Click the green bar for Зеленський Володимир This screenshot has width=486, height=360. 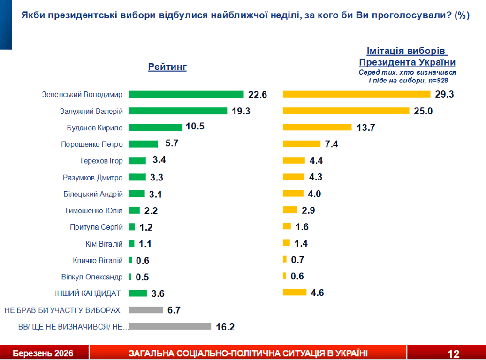186,94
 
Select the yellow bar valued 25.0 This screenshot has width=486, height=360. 346,111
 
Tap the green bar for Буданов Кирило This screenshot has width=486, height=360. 155,127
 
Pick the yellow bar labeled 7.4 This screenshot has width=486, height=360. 302,144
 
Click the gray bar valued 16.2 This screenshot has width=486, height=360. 170,326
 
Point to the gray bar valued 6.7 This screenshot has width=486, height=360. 145,310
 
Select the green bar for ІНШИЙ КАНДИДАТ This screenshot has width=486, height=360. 138,293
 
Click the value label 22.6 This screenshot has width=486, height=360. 258,95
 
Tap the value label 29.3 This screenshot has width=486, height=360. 445,94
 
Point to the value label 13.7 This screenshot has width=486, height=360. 366,127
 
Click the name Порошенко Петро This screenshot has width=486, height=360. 92,144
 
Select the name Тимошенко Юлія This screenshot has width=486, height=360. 93,210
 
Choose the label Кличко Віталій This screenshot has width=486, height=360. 98,260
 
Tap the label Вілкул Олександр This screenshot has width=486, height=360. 92,277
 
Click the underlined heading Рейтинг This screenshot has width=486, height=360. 167,67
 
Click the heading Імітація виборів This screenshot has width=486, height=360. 407,51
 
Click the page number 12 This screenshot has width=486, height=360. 453,353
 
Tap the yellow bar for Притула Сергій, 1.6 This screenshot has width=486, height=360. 287,226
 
